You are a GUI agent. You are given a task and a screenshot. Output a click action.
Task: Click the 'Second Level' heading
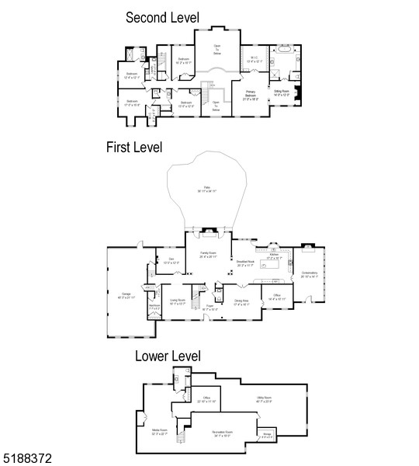162,17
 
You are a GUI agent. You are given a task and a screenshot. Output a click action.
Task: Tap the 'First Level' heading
134,148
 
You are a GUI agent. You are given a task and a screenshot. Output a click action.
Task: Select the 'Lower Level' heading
168,356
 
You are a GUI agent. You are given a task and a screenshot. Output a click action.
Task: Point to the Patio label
207,189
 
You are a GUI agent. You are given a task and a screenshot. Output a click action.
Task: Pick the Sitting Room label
282,93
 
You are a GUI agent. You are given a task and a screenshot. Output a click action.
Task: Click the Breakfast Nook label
246,263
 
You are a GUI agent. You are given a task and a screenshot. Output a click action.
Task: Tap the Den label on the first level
171,261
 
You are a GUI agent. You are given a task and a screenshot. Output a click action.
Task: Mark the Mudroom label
154,307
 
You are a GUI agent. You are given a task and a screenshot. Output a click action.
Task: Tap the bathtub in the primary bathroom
283,57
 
